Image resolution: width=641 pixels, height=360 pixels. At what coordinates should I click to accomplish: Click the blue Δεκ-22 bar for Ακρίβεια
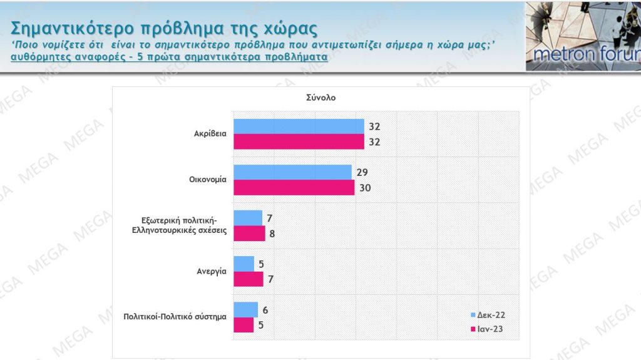point(298,126)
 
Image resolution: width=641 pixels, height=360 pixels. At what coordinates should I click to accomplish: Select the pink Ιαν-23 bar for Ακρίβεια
point(298,141)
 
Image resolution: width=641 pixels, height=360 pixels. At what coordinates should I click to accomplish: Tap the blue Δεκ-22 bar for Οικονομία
point(292,172)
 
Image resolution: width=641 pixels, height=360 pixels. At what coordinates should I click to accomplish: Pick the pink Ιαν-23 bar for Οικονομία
point(294,187)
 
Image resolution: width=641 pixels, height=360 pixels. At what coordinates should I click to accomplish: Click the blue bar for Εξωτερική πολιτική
point(248,218)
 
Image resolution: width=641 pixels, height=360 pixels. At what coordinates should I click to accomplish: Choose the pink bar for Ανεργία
point(248,279)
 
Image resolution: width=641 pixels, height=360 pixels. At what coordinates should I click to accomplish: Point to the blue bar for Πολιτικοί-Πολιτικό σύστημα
point(245,309)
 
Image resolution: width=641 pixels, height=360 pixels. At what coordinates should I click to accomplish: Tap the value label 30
point(366,188)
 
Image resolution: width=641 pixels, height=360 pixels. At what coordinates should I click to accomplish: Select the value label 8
point(272,234)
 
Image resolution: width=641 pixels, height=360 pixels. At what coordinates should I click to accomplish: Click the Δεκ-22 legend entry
point(486,314)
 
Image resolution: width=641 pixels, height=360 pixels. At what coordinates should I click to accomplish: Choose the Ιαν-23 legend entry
point(486,327)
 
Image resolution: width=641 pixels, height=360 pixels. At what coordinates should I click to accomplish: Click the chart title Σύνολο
point(317,97)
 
